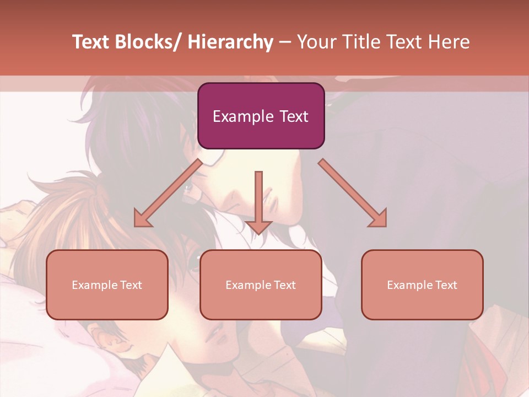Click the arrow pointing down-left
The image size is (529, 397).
coord(168,193)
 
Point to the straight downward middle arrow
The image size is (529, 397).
coord(258,198)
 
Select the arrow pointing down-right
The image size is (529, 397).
coord(353,192)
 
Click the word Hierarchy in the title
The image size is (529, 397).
coord(230,42)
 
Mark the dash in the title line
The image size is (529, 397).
coord(284,42)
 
